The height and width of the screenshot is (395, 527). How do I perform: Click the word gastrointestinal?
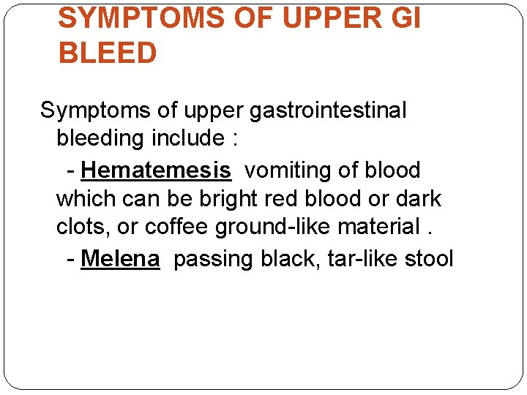click(328, 111)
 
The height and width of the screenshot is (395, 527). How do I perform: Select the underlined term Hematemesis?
click(156, 170)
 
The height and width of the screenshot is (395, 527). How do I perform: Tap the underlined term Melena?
click(120, 258)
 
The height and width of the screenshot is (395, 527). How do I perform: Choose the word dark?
click(417, 199)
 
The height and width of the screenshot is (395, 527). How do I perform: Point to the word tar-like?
click(351, 258)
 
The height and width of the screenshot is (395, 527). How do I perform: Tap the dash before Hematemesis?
click(70, 171)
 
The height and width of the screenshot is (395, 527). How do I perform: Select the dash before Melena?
click(70, 259)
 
